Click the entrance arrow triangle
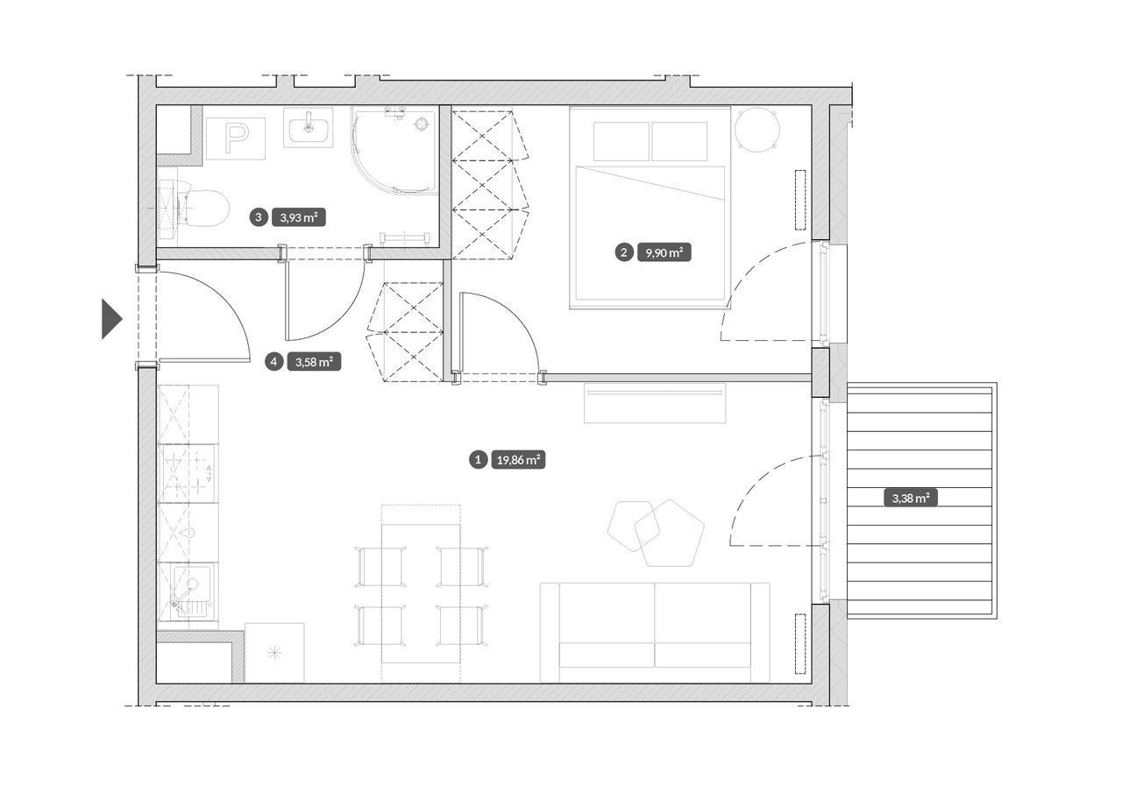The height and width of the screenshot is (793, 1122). coord(111,319)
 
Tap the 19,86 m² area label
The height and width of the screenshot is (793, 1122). coord(518,459)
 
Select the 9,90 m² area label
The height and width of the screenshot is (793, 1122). coord(664,253)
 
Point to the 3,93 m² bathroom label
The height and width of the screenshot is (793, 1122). coord(299,217)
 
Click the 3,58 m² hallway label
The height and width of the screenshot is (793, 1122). coord(314,362)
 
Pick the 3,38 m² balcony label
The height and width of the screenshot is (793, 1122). coord(911,498)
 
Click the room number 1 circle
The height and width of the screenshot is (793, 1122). coord(479,459)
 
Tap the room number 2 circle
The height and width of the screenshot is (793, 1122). coord(623,253)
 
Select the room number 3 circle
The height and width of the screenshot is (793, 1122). coord(259,217)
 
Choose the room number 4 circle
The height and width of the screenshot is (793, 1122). coord(273,362)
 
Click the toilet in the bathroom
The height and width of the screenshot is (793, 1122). coord(201,208)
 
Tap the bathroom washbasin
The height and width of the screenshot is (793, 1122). coord(308,128)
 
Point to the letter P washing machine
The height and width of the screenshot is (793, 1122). coord(236,138)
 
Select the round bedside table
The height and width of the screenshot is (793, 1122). coord(756,130)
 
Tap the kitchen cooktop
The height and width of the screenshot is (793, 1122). coord(188,473)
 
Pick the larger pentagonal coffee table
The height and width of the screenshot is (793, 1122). coord(669,533)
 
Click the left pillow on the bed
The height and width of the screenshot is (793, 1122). coord(621,141)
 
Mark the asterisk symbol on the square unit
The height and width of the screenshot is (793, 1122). coord(274,652)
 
